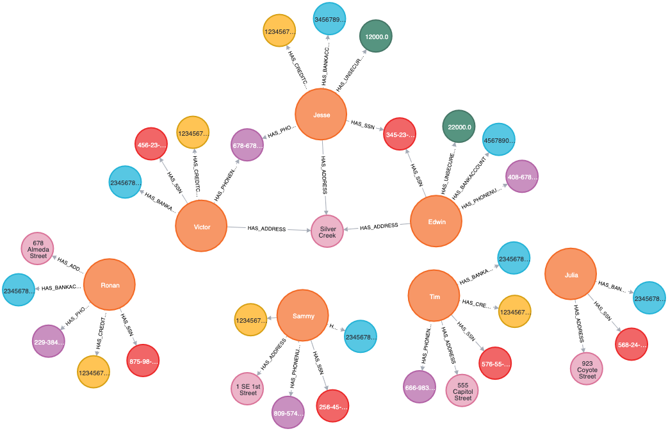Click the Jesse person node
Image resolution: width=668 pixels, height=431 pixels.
(321, 115)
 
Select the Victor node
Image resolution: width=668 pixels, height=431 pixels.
(202, 226)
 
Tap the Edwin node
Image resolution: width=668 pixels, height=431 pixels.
(436, 222)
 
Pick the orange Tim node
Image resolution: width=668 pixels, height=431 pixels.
(434, 296)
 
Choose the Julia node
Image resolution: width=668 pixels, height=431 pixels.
(571, 275)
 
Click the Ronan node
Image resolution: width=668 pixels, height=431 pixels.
(109, 285)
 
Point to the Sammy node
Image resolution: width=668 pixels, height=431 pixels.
(303, 316)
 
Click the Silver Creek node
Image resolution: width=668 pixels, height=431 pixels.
(327, 231)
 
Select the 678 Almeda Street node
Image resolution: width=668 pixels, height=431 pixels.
(38, 248)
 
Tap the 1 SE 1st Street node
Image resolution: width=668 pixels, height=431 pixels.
(248, 389)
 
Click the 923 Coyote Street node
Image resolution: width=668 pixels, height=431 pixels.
(587, 369)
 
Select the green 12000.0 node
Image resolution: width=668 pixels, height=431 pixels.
(376, 37)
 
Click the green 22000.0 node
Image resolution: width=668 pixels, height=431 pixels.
(459, 127)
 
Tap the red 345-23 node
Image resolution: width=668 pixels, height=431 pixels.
(400, 134)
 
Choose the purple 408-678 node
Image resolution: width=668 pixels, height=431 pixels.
(521, 177)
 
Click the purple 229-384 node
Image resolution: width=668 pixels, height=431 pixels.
(49, 342)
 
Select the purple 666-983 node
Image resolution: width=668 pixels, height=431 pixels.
(420, 387)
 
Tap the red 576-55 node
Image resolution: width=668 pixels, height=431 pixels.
(494, 364)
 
